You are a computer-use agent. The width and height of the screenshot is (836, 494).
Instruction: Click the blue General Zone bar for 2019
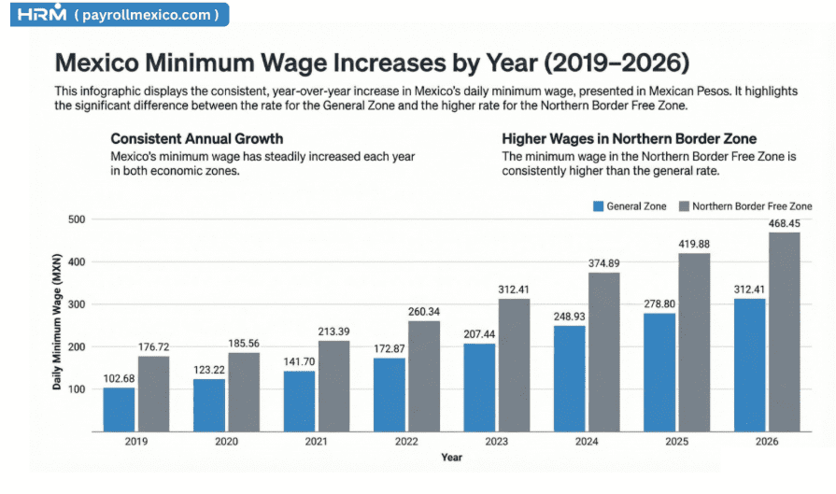[119, 408]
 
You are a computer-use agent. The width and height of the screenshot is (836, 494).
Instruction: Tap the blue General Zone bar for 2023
[479, 387]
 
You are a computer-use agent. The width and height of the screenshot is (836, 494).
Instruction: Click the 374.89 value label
[603, 263]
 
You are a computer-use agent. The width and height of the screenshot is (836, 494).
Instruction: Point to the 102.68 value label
[119, 378]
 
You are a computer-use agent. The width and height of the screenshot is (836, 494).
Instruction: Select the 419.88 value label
[693, 244]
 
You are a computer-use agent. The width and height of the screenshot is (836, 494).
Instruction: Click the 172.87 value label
[390, 348]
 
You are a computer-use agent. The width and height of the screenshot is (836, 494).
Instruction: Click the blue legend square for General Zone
[598, 206]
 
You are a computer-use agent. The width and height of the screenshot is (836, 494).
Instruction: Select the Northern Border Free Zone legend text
[753, 206]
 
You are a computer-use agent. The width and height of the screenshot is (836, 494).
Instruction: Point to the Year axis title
[451, 458]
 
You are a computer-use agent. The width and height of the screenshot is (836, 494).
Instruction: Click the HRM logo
[43, 14]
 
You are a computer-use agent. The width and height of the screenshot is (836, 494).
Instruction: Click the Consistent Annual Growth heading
[196, 139]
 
